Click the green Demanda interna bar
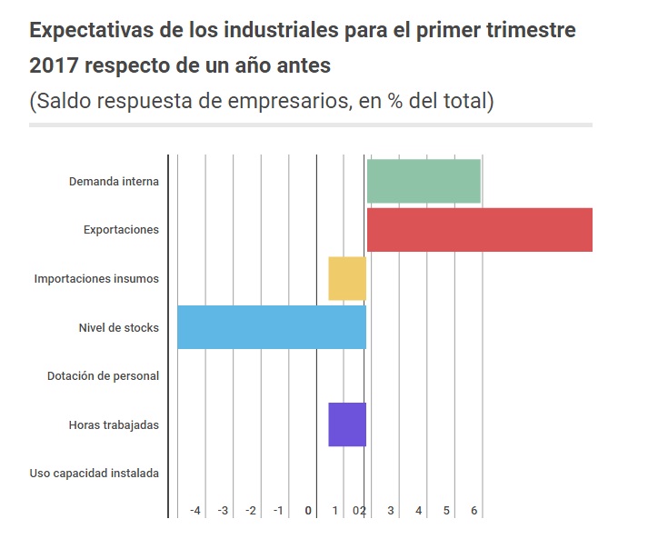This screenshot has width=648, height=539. (x=423, y=181)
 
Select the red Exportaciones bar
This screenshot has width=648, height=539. (x=479, y=230)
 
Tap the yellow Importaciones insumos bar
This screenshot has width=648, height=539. (x=346, y=279)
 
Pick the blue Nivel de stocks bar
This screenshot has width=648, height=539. (x=271, y=327)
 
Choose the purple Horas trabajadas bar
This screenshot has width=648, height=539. (x=346, y=424)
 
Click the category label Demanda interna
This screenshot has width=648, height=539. (x=114, y=181)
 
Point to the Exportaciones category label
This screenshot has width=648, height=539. (x=121, y=230)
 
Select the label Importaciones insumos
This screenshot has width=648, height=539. (x=96, y=279)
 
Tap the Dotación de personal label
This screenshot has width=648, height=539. (x=103, y=376)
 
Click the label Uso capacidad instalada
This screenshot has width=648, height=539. (x=94, y=473)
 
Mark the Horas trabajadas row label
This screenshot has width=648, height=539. (x=114, y=424)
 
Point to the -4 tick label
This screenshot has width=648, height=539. (x=194, y=511)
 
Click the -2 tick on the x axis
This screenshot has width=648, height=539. (x=250, y=511)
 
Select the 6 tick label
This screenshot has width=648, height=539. (x=474, y=511)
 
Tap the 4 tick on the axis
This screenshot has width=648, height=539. (x=418, y=511)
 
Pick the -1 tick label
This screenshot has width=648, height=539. (x=278, y=511)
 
